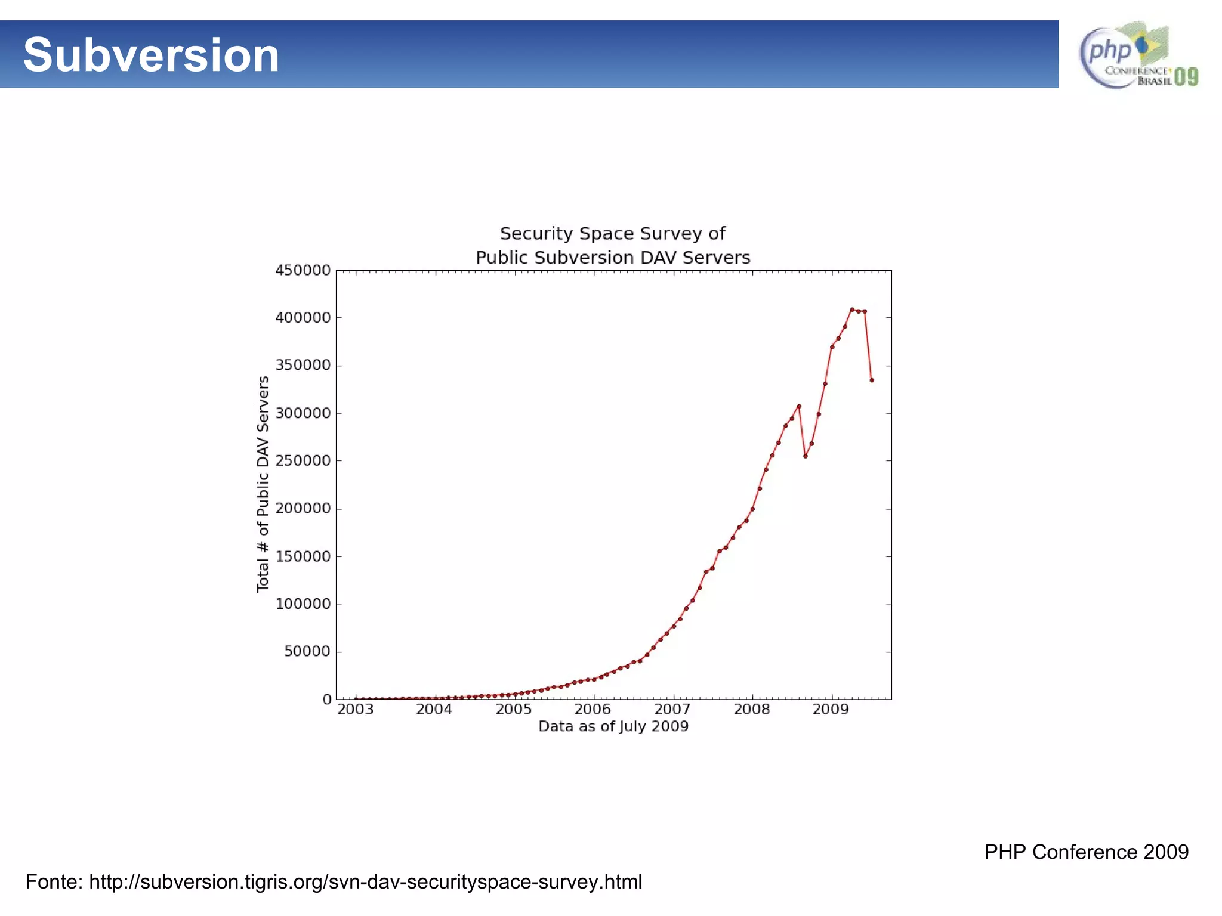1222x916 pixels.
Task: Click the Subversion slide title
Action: tap(151, 55)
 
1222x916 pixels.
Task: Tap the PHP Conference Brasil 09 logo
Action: tap(1138, 55)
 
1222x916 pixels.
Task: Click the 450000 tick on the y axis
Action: tap(303, 270)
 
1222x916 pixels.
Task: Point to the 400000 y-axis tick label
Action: tap(303, 318)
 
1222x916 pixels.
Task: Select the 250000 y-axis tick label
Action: tap(303, 461)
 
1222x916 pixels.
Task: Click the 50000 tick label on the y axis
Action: tap(307, 651)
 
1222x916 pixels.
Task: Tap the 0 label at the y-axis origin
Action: tap(326, 699)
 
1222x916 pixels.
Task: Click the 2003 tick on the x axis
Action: tap(355, 710)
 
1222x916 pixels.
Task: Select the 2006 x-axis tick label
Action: tap(593, 710)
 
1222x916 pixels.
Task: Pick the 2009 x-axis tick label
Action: tap(831, 710)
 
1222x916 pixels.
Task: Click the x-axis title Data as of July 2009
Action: tap(613, 726)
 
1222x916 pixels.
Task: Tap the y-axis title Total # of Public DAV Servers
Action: tap(263, 484)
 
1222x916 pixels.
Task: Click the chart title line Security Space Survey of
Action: tap(612, 233)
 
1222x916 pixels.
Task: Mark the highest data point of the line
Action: tap(851, 310)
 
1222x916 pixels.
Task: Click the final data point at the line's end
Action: tap(872, 380)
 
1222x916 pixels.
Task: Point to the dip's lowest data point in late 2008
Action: tap(806, 456)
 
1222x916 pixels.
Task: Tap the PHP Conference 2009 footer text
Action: tap(1086, 852)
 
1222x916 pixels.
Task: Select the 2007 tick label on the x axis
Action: tap(672, 710)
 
